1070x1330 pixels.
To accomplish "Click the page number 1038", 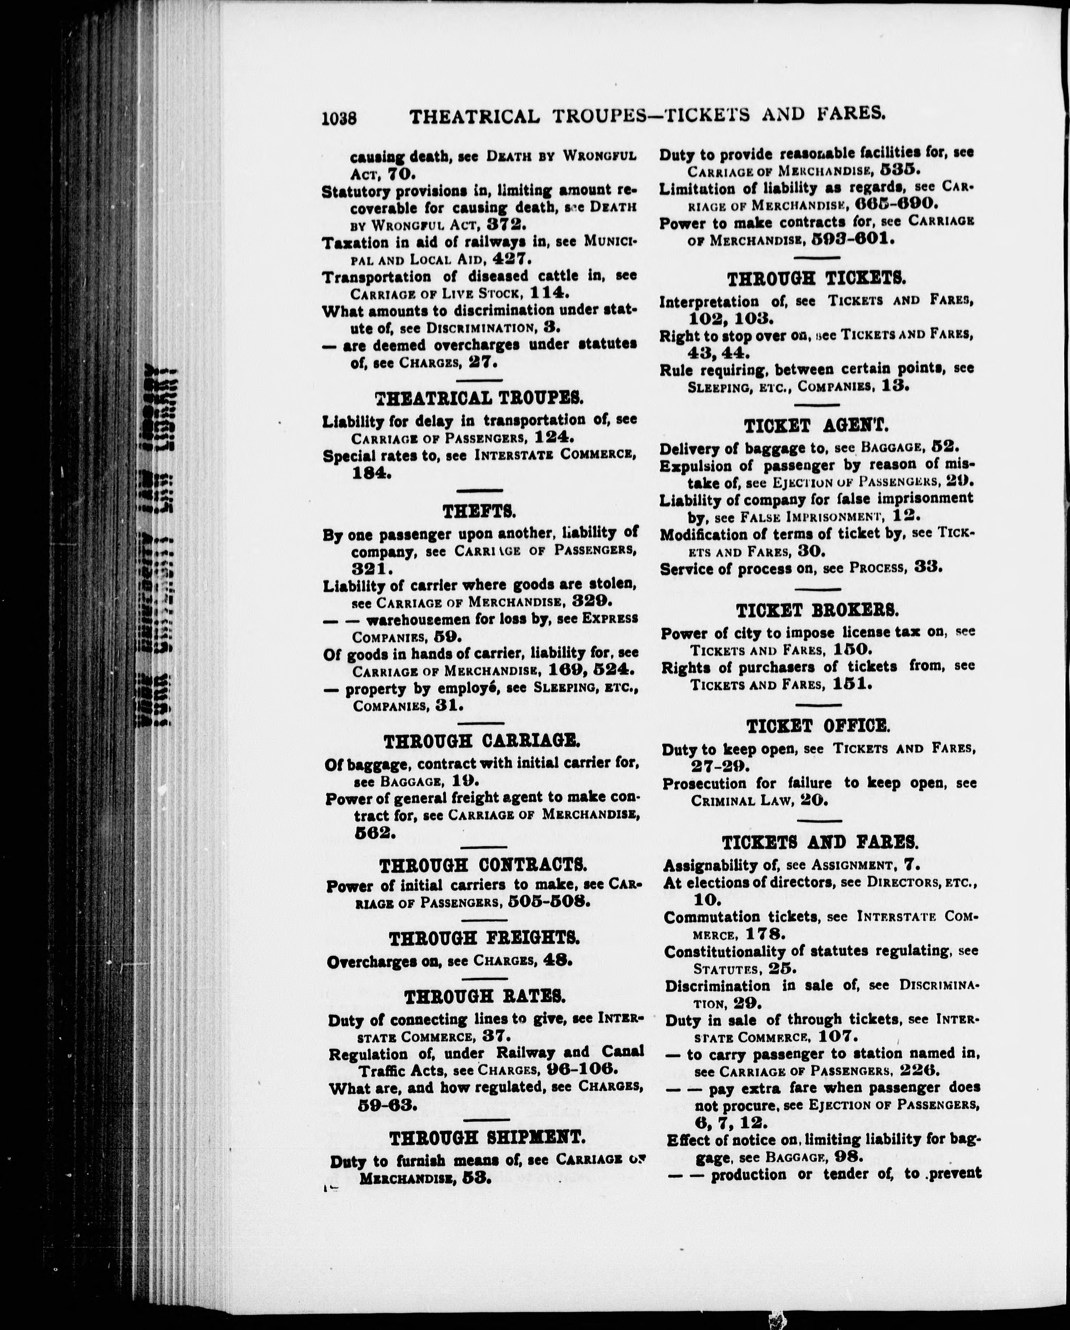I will click(339, 117).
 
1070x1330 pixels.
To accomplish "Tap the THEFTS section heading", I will click(479, 511).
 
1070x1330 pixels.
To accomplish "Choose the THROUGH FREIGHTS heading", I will click(484, 938).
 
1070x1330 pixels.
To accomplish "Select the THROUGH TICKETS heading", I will click(817, 279).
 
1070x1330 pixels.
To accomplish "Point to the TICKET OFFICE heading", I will click(818, 726).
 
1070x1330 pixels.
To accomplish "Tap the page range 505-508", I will click(549, 902).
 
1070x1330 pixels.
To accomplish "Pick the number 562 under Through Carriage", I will click(374, 833).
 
